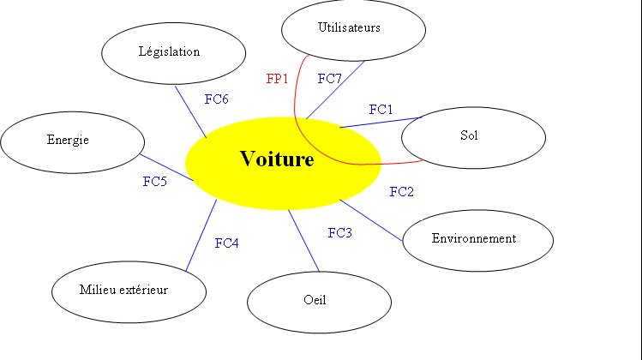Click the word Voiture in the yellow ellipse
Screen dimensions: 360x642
(x=277, y=159)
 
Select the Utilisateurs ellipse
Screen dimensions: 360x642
(x=354, y=28)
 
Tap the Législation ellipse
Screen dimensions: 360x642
(x=169, y=52)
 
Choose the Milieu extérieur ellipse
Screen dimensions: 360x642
(x=129, y=291)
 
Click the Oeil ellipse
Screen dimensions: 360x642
(x=319, y=301)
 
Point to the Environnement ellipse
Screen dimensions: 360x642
(x=474, y=239)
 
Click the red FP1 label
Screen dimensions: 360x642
(x=277, y=79)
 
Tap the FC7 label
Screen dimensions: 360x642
(x=329, y=79)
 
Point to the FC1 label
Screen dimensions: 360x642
(x=381, y=110)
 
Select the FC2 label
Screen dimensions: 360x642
(x=401, y=191)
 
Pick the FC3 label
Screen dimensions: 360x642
(x=339, y=232)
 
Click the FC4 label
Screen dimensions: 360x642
(x=226, y=243)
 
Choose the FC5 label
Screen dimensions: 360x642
(x=154, y=182)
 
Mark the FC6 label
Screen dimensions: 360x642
(x=216, y=99)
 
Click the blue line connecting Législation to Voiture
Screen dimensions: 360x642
(x=190, y=111)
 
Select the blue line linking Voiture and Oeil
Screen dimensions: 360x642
(x=303, y=239)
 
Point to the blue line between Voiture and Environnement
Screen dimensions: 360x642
(x=371, y=221)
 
